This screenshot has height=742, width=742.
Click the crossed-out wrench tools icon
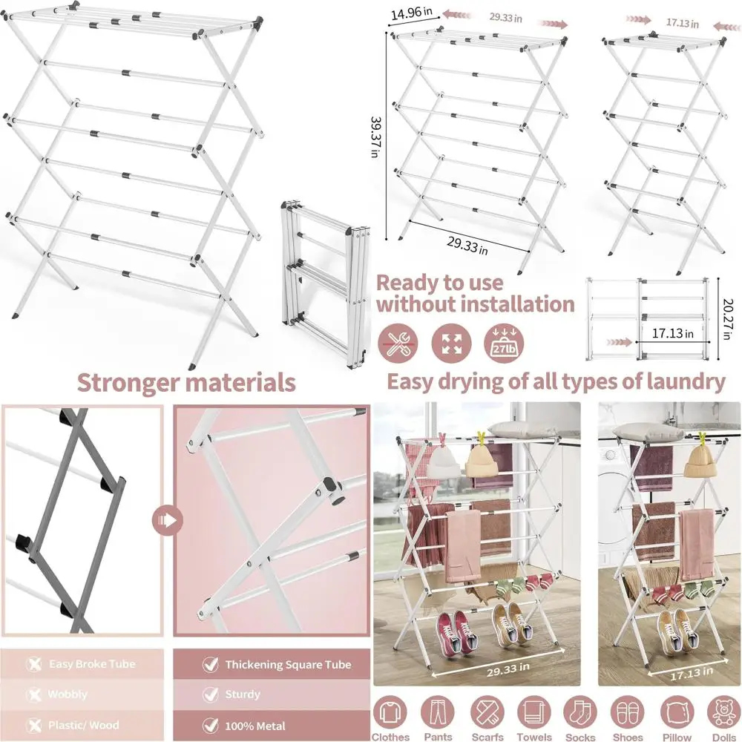coord(397,343)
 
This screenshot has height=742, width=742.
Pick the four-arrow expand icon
coord(451,343)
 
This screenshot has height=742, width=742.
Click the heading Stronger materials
coord(186,383)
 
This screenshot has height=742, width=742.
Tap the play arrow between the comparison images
coord(168,520)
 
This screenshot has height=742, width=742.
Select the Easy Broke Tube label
coord(92,664)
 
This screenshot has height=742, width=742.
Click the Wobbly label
coord(68,695)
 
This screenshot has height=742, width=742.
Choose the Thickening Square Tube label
coord(288,664)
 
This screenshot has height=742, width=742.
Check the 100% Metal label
coord(255,725)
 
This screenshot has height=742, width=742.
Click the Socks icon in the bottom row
coord(580,714)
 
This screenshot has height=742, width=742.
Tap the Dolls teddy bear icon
coord(723,714)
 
